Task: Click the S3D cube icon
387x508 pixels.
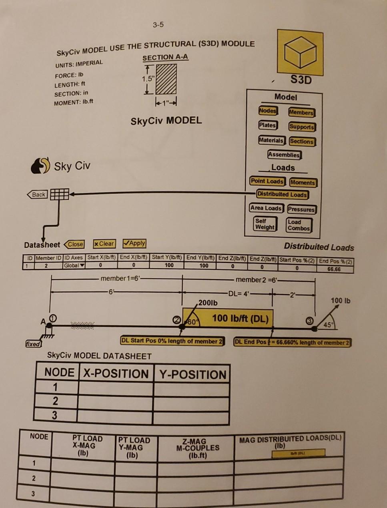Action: tap(300, 53)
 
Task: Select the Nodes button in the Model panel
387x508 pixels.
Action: tap(267, 111)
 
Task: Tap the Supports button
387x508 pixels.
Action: tap(302, 127)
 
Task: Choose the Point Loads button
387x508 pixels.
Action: tap(267, 181)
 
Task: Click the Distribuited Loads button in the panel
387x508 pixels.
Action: tap(282, 194)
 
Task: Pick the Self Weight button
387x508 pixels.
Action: tap(265, 224)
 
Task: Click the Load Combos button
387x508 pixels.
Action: tap(299, 225)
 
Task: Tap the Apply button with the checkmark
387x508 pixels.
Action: tap(134, 243)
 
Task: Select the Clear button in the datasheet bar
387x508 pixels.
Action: tap(104, 243)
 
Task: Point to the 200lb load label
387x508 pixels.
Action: tap(208, 303)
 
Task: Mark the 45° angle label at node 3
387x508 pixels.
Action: tap(328, 325)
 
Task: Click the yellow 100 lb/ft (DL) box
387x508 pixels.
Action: tap(228, 318)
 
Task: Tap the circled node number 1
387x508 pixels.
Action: tap(52, 318)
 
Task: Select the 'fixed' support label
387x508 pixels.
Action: tap(33, 344)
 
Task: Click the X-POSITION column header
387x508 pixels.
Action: tap(116, 374)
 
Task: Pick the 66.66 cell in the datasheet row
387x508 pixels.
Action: tap(333, 269)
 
